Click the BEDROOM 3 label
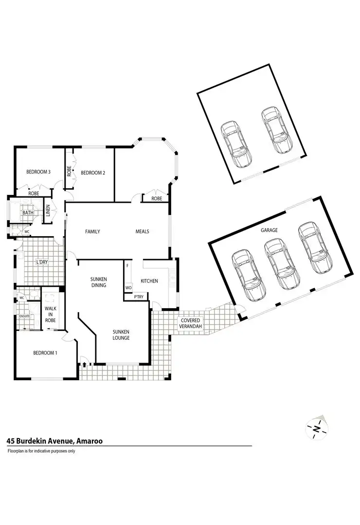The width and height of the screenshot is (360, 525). pos(38,172)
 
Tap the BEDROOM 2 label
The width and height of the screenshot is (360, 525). pos(93,173)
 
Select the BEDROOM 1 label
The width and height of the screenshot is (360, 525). pos(45,353)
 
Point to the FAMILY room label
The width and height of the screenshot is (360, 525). pos(92,231)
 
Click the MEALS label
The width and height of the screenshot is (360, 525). pos(142,231)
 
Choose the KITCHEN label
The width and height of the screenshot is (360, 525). pos(149,281)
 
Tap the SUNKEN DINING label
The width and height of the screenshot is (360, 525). pos(98,282)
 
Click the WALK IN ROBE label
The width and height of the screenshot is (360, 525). pos(51,315)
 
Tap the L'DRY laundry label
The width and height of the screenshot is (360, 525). pos(42,263)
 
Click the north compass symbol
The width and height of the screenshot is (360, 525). pos(317,428)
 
